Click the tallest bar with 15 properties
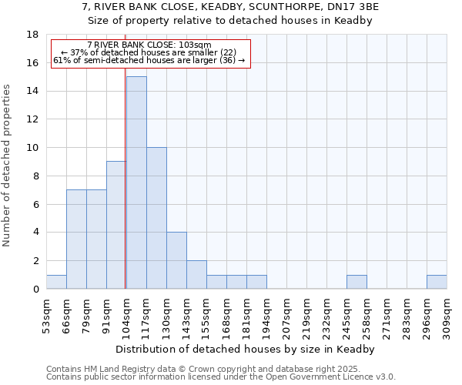coord(136,182)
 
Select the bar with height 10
coord(156,218)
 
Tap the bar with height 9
coord(116,225)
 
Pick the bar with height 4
coord(176,260)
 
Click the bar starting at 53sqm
coord(56,282)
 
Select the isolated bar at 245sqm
coord(357,282)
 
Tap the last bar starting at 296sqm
coord(437,282)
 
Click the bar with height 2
coord(196,274)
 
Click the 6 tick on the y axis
coord(35,204)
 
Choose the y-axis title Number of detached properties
coord(7,166)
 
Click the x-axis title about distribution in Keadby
coord(246,349)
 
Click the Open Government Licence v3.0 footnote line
coord(221,377)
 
